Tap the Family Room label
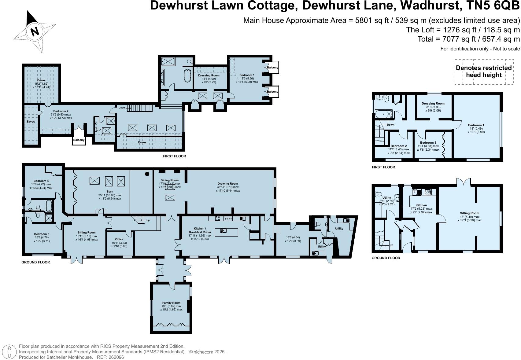coord(171,303)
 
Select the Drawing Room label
coord(227,184)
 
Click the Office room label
coord(119,239)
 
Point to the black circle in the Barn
coord(147,174)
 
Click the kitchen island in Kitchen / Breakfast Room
coord(226,232)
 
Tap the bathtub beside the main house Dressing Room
coord(187,75)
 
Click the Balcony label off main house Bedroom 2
coord(79,140)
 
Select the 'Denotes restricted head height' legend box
coord(483,72)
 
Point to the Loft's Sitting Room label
coord(469,213)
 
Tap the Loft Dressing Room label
coord(433,104)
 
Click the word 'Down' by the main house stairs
coord(122,108)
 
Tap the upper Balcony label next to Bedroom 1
coord(272,68)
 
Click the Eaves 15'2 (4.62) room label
coord(41,81)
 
